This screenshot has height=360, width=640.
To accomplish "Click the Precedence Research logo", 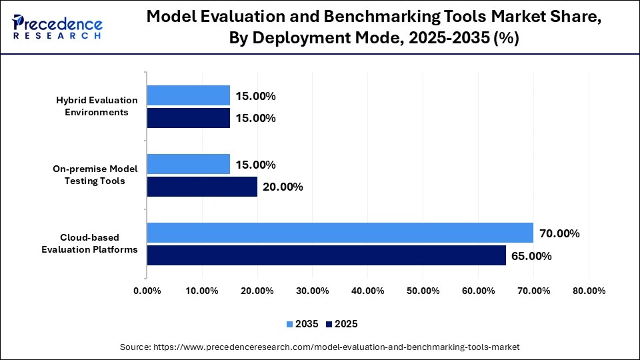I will pyautogui.click(x=57, y=27).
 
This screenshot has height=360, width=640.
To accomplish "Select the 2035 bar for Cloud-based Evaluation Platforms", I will pyautogui.click(x=340, y=233).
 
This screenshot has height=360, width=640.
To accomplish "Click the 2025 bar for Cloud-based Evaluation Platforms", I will pyautogui.click(x=326, y=255).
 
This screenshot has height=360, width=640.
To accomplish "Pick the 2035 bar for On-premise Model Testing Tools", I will pyautogui.click(x=188, y=164).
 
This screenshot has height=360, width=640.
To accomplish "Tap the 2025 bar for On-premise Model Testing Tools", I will pyautogui.click(x=202, y=187).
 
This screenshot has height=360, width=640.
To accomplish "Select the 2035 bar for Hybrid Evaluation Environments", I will pyautogui.click(x=188, y=95).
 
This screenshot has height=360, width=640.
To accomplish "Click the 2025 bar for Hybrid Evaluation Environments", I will pyautogui.click(x=188, y=118).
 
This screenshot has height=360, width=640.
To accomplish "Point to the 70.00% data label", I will pyautogui.click(x=559, y=233).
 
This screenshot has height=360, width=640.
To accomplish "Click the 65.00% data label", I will pyautogui.click(x=531, y=256).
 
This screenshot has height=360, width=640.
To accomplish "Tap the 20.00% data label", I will pyautogui.click(x=283, y=187).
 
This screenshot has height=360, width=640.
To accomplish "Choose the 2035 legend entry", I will pyautogui.click(x=303, y=324).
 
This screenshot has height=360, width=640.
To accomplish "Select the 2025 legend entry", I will pyautogui.click(x=342, y=324).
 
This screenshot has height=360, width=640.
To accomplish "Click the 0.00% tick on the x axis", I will pyautogui.click(x=147, y=291).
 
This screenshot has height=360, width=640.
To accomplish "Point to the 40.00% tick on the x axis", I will pyautogui.click(x=367, y=291).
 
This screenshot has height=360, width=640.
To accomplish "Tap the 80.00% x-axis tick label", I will pyautogui.click(x=588, y=291).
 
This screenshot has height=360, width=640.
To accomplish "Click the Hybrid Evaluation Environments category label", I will pyautogui.click(x=96, y=106).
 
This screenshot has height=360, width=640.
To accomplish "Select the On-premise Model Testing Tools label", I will pyautogui.click(x=95, y=175).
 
